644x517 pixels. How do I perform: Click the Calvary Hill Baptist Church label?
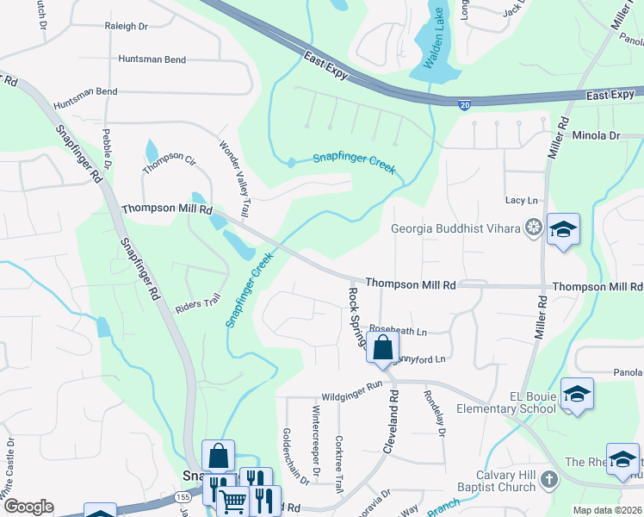[506, 481]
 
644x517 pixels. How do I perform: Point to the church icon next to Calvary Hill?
[549, 480]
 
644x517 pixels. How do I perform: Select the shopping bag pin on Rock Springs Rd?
[382, 348]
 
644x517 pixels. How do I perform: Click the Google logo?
[28, 507]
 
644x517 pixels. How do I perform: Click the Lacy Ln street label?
[521, 200]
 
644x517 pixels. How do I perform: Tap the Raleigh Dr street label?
[126, 27]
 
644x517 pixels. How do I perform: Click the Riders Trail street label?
[198, 303]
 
